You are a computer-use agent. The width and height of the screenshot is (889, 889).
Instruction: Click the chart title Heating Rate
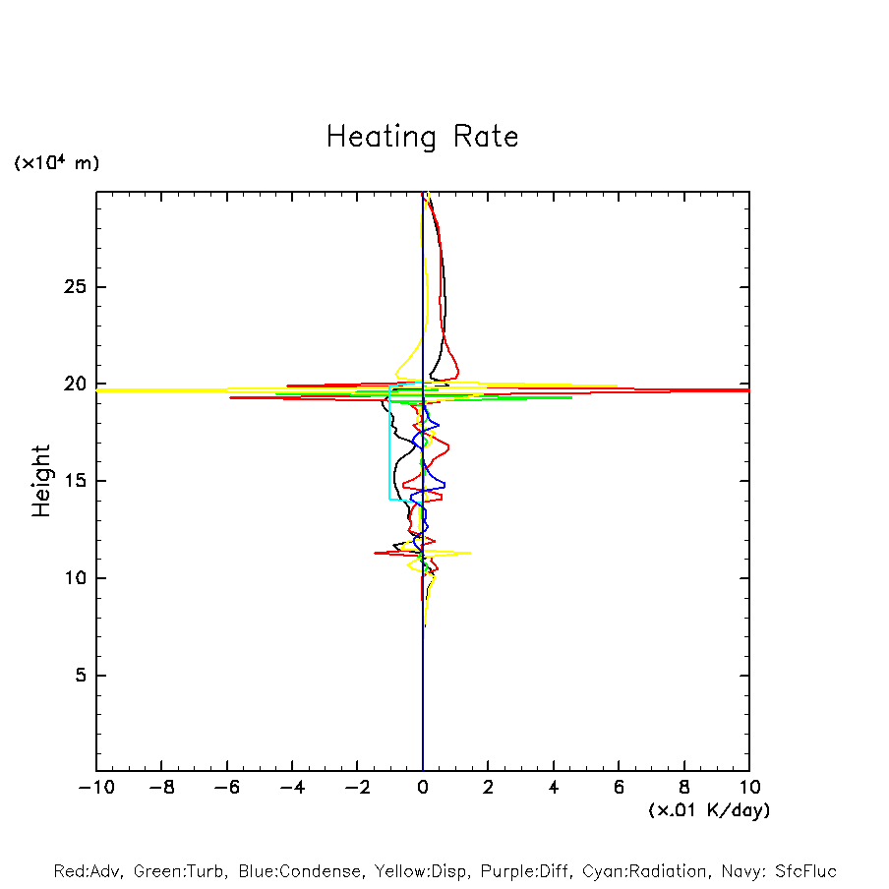click(x=422, y=136)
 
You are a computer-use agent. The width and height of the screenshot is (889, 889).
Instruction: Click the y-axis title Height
click(x=40, y=481)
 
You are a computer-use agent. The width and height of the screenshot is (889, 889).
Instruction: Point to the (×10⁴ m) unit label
click(x=56, y=163)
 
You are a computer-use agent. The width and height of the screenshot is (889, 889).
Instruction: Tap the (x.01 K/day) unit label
click(x=708, y=809)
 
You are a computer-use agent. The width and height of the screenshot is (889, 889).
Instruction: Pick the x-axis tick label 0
click(x=423, y=787)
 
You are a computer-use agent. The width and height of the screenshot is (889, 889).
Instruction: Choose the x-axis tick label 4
click(x=554, y=787)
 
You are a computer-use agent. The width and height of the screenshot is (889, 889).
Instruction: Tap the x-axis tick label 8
click(x=684, y=787)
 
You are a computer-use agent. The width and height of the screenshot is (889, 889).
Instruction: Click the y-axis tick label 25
click(x=74, y=287)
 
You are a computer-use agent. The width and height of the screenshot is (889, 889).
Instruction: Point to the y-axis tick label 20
click(x=74, y=385)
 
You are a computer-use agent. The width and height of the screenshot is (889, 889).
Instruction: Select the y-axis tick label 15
click(x=74, y=481)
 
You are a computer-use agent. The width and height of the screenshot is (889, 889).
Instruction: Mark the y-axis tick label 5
click(x=80, y=676)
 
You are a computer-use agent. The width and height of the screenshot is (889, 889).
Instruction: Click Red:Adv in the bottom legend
click(x=88, y=871)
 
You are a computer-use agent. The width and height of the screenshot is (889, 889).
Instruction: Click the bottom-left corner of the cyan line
click(x=390, y=500)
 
